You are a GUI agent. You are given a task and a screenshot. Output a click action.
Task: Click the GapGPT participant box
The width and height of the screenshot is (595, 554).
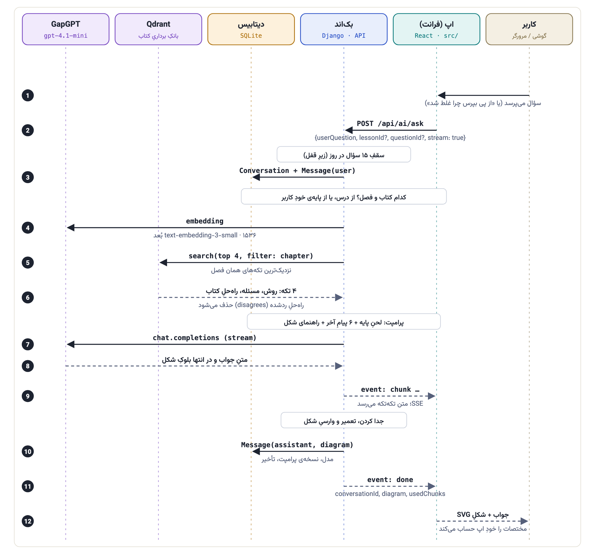coord(66,29)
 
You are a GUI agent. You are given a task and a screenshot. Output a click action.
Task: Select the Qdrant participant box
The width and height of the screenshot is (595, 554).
coord(158,29)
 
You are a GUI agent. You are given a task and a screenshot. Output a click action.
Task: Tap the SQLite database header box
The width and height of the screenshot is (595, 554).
coord(251,29)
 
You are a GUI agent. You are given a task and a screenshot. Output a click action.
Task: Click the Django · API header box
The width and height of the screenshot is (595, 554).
coord(344,29)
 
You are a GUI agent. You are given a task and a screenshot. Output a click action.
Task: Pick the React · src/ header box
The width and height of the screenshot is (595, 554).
coord(437,29)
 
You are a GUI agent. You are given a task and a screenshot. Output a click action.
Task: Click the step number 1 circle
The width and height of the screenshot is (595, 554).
coord(28,96)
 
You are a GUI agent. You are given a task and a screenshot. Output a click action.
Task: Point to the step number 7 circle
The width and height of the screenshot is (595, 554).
coord(28,344)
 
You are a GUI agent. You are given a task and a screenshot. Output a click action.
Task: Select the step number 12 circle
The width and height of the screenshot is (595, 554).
coord(28,521)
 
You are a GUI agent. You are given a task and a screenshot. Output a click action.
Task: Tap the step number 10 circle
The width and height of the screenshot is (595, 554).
coord(28,452)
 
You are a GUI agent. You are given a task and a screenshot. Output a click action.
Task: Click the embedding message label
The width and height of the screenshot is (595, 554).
coord(205,221)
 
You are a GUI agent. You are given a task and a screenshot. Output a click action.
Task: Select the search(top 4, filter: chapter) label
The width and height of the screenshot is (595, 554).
coord(251,256)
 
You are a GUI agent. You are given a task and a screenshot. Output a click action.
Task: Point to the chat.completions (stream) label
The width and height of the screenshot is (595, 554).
coord(205,338)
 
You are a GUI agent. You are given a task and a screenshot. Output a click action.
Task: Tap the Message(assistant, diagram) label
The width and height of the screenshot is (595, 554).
coord(297,445)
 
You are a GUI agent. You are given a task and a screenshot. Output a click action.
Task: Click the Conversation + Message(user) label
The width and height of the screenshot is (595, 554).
coord(297,171)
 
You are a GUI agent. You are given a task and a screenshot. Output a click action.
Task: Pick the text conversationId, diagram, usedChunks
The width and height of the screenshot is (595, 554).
coord(390,494)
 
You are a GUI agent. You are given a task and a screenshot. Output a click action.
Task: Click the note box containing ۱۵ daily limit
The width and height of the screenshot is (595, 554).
coord(344,155)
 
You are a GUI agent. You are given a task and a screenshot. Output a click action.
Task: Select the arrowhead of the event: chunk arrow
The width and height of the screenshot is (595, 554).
coord(432,396)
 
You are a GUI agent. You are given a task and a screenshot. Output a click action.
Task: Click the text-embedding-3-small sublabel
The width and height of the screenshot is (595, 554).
coord(205,235)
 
